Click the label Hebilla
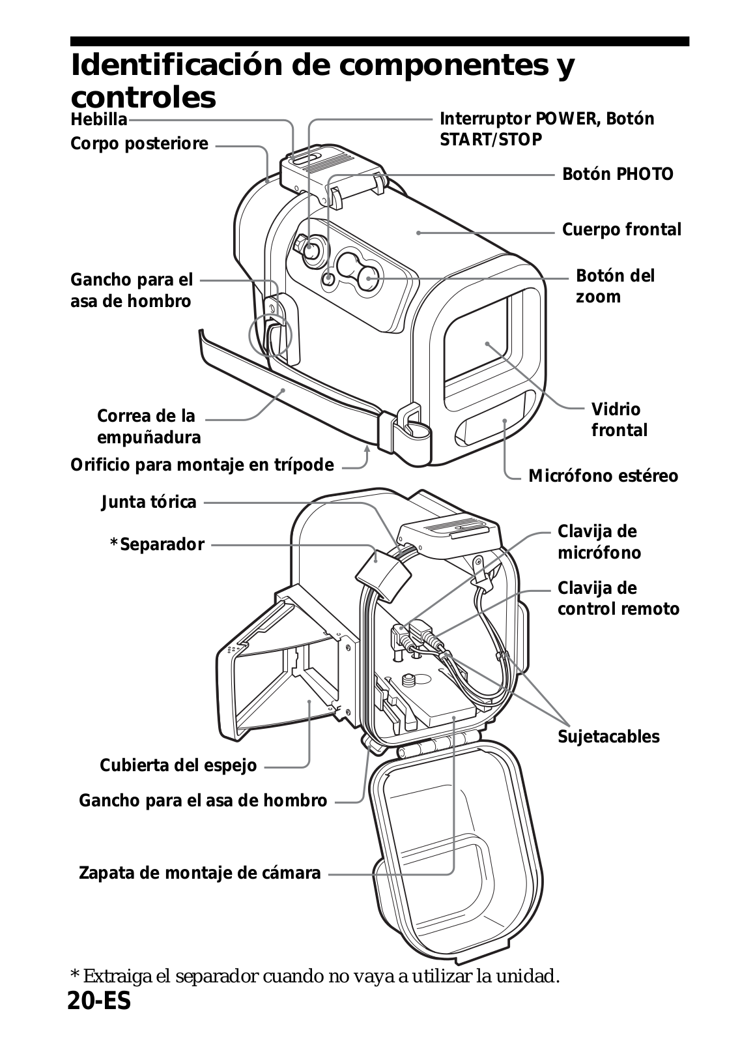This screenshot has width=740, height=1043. coord(98,120)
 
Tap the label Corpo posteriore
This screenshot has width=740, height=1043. coord(139,143)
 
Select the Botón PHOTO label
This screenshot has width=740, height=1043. coord(618,174)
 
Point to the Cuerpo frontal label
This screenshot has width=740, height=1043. coord(621,229)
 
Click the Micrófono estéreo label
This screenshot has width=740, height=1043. coord(603,476)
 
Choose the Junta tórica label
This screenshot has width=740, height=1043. coord(149,502)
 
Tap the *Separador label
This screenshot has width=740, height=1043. coord(156,544)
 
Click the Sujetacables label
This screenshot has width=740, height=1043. coord(608,737)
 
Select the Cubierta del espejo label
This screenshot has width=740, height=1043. coord(178,765)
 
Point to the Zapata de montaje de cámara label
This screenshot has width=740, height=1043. coord(199,873)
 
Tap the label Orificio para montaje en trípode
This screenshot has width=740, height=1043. coord(202,465)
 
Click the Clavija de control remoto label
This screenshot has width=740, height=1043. coord(618,598)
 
